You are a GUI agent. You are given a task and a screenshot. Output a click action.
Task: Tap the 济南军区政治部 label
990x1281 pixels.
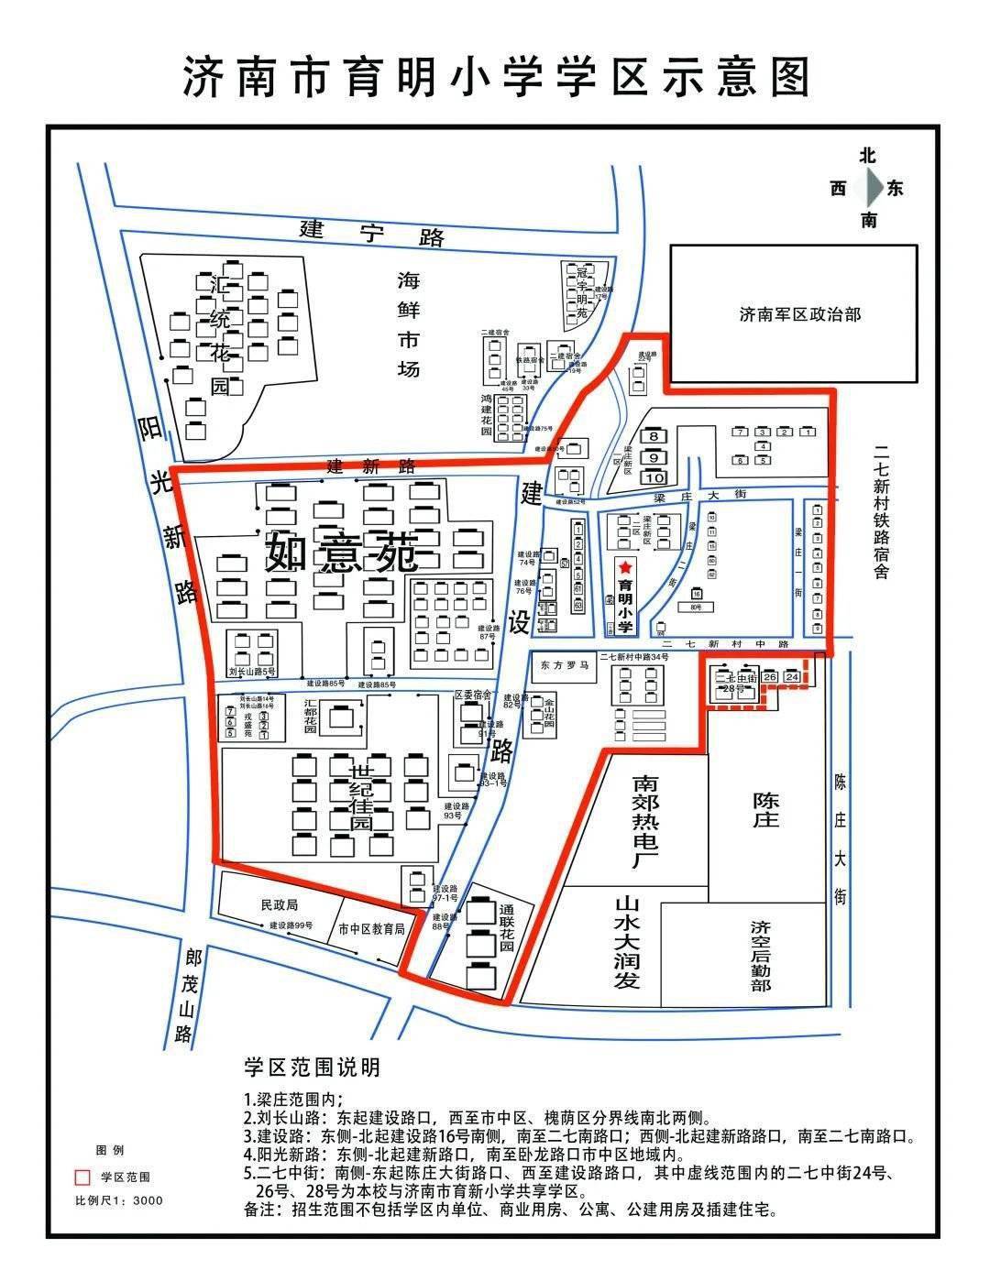click(799, 314)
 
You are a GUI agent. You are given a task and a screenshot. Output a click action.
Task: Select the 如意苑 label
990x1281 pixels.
click(342, 553)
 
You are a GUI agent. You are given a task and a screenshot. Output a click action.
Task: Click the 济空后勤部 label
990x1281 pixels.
click(761, 956)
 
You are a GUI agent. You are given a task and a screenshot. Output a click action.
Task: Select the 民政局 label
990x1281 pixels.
click(279, 904)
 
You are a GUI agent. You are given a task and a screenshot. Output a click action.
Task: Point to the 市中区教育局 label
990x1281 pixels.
click(371, 929)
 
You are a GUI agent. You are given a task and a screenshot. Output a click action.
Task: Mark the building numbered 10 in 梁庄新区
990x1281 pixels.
click(654, 477)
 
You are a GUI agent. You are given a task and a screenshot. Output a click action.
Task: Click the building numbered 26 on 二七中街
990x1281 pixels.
click(770, 677)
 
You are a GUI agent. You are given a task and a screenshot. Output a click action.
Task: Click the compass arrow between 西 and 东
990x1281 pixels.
click(868, 189)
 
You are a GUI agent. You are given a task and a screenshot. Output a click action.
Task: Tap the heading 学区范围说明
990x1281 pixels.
click(312, 1067)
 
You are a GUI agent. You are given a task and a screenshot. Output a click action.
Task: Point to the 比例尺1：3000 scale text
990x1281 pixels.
click(118, 1200)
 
